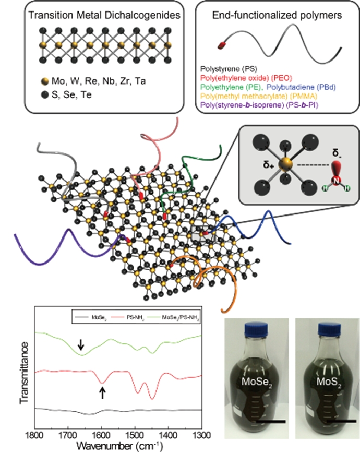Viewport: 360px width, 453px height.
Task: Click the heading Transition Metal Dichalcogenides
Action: pos(99,15)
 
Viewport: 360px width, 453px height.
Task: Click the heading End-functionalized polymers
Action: pos(271,15)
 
